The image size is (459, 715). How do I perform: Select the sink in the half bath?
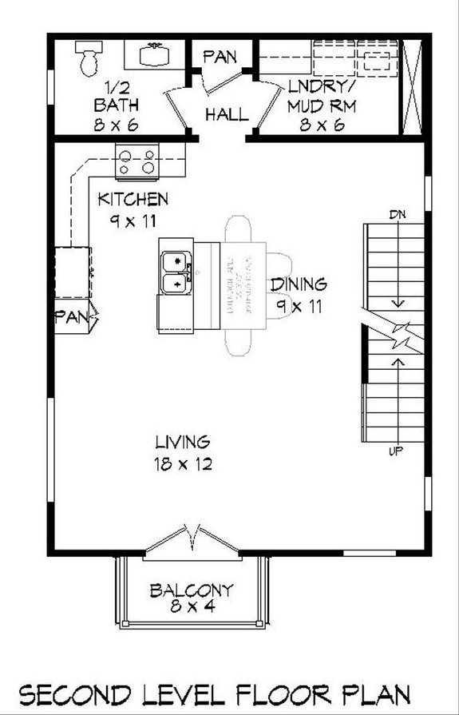click(155, 54)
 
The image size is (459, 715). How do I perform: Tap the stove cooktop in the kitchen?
click(137, 161)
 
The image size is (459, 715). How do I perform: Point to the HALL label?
click(227, 114)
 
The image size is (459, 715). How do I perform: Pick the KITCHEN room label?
click(133, 199)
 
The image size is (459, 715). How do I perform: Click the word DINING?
click(299, 284)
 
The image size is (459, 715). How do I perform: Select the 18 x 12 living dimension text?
click(182, 464)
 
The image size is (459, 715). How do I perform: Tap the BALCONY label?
click(192, 591)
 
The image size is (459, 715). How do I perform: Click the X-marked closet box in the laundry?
click(413, 86)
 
